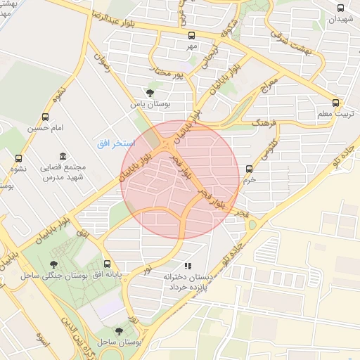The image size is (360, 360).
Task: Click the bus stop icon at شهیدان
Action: [x=341, y=8]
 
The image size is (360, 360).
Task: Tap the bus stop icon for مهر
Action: [x=191, y=34]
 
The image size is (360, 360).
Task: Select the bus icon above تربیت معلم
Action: [x=335, y=101]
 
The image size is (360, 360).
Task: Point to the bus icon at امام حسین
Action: [x=46, y=117]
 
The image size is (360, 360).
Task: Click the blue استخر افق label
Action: [x=110, y=143]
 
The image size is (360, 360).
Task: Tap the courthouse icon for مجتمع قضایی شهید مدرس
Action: [x=63, y=155]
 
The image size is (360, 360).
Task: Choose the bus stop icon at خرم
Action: [x=249, y=168]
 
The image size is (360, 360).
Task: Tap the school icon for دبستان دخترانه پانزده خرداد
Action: [x=187, y=266]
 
